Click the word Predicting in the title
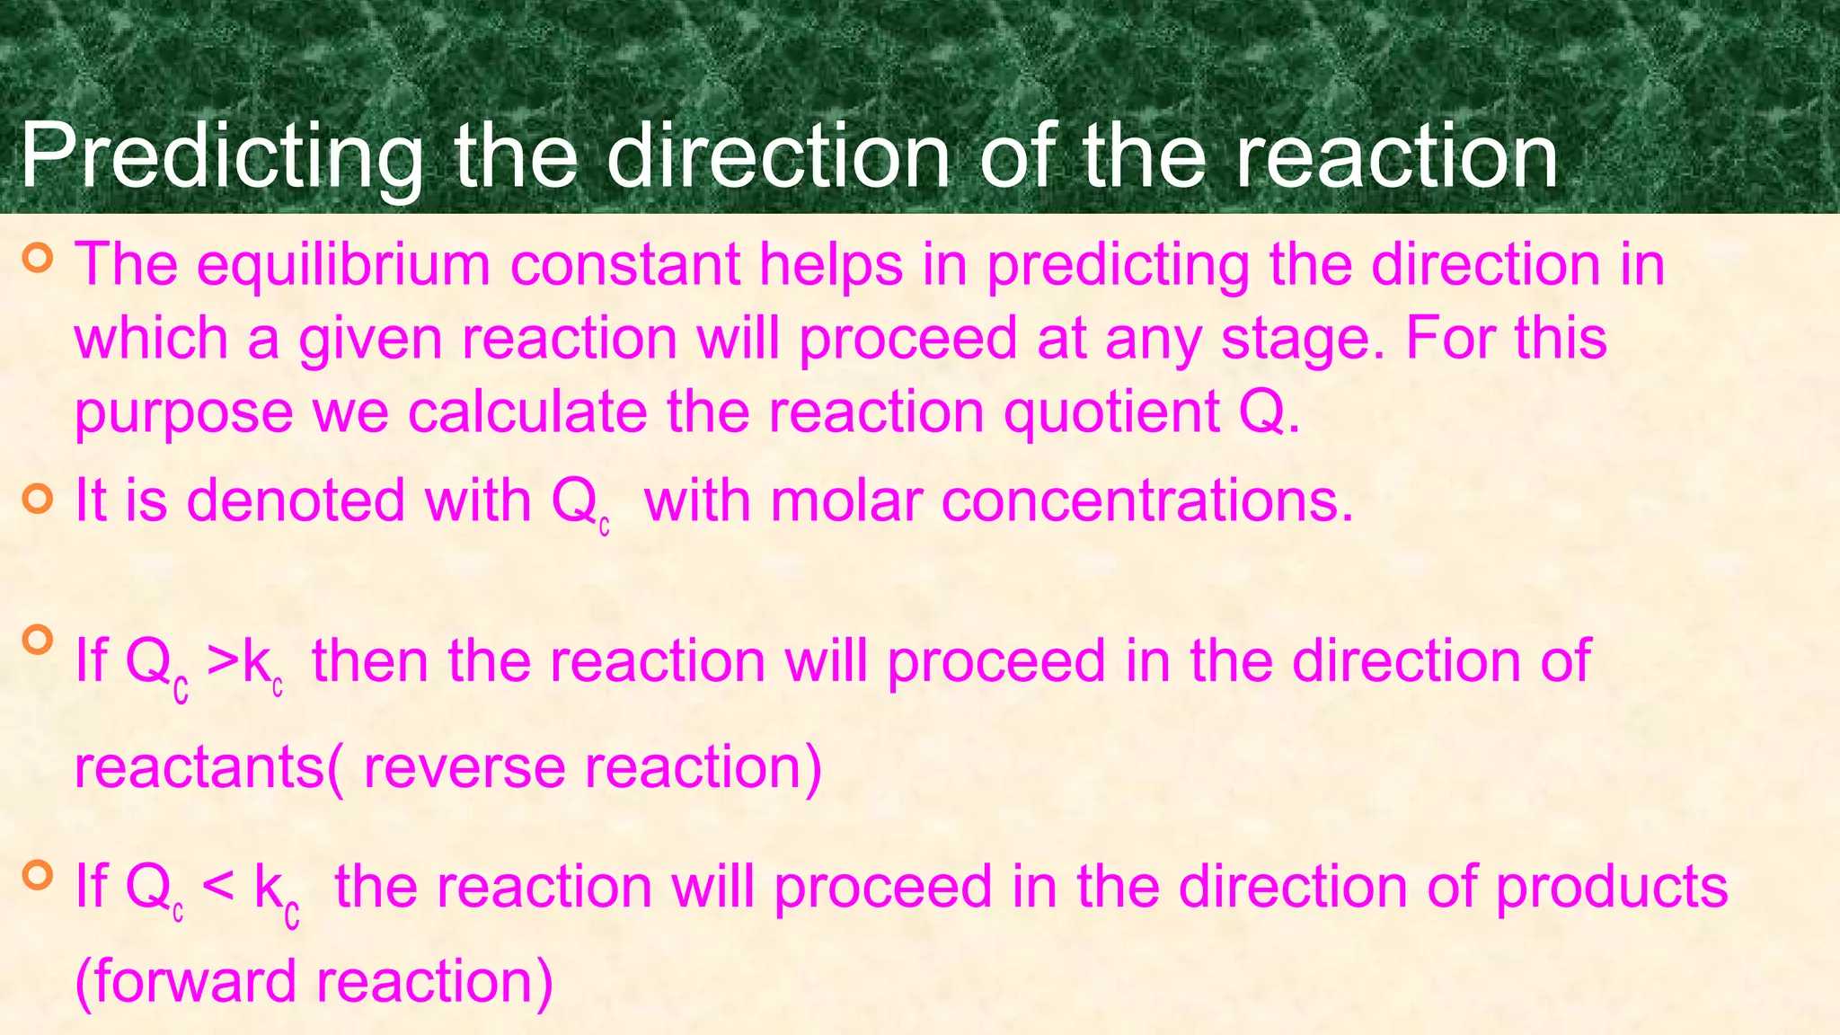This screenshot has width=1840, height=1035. (x=220, y=157)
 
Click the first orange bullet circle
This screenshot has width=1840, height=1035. (x=38, y=258)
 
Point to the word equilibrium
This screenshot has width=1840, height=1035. (x=343, y=265)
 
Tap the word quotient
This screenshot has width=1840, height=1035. (x=1110, y=411)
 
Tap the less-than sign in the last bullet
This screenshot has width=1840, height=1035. (x=218, y=887)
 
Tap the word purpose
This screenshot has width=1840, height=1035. (x=183, y=413)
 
